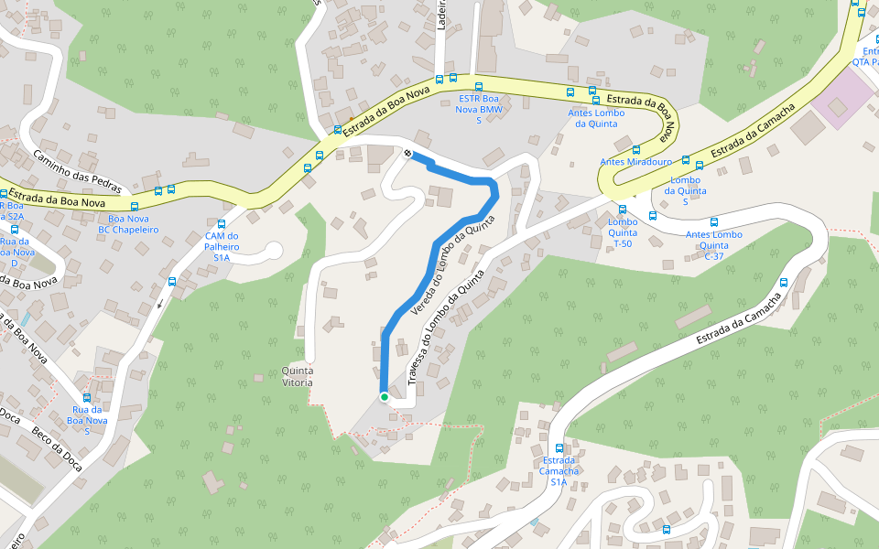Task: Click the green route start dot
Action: [x=385, y=397]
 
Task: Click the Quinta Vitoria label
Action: [x=298, y=376]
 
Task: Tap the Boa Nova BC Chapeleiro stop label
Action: [x=128, y=224]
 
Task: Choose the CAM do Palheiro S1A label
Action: [x=222, y=246]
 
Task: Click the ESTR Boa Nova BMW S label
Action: [x=481, y=109]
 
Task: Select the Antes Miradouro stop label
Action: [x=636, y=162]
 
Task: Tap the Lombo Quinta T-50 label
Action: [x=623, y=233]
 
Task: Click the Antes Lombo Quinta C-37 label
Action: [x=714, y=244]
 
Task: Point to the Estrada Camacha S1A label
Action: [x=559, y=470]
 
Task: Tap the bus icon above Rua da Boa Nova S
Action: [x=87, y=398]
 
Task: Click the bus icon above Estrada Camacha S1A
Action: [x=559, y=448]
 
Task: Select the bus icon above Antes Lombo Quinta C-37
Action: [x=714, y=222]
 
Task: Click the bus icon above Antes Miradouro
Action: [x=636, y=149]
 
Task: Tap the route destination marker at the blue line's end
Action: [x=407, y=152]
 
